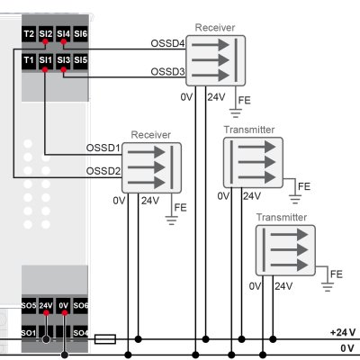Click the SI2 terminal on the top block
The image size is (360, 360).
pyautogui.click(x=46, y=34)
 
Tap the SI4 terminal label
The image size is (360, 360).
pyautogui.click(x=63, y=34)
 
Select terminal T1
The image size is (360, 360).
pyautogui.click(x=29, y=60)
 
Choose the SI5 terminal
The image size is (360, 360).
pyautogui.click(x=81, y=60)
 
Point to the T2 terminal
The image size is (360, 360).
pyautogui.click(x=29, y=34)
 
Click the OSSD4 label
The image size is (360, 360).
pyautogui.click(x=166, y=44)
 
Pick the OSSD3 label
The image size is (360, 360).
pyautogui.click(x=166, y=72)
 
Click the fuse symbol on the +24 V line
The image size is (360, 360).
pyautogui.click(x=105, y=339)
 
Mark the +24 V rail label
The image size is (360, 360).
pyautogui.click(x=342, y=332)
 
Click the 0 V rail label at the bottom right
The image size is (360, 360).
pyautogui.click(x=346, y=347)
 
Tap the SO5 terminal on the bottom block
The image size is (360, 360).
pyautogui.click(x=29, y=306)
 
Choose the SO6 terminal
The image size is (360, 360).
pyautogui.click(x=81, y=306)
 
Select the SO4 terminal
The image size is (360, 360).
pyautogui.click(x=81, y=333)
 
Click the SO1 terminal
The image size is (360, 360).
pyautogui.click(x=29, y=333)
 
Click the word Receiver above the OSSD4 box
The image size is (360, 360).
pyautogui.click(x=215, y=28)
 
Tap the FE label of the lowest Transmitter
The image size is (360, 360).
pyautogui.click(x=337, y=274)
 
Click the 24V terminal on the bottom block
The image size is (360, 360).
pyautogui.click(x=46, y=306)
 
